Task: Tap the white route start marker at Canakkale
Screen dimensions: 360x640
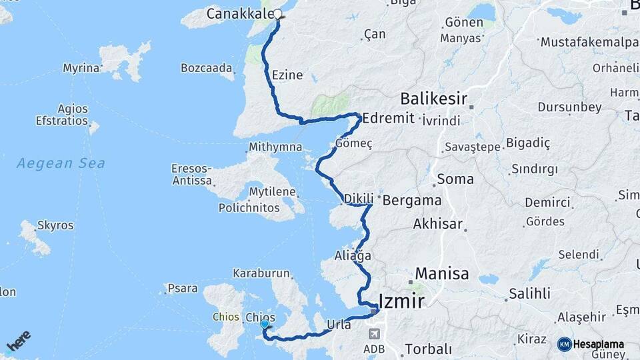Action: [278, 13]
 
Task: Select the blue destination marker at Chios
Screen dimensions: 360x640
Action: [265, 324]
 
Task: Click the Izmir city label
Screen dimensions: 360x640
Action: [401, 301]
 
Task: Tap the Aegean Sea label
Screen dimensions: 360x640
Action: [61, 163]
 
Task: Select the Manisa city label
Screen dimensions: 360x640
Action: [442, 273]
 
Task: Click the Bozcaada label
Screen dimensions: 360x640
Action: [207, 67]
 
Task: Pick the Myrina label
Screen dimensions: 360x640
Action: [81, 68]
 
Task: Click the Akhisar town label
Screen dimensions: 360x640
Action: [437, 224]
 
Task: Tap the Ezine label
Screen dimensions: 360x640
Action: [287, 75]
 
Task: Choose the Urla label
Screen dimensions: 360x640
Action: [339, 325]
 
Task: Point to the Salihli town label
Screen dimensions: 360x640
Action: [529, 293]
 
